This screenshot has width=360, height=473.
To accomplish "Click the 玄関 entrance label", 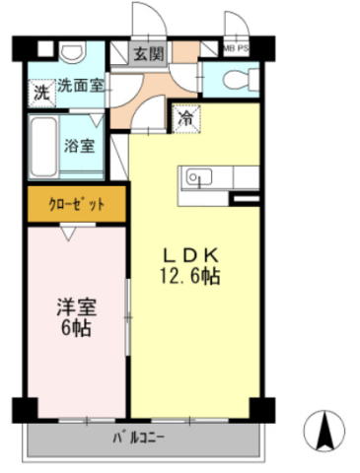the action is (x=149, y=53).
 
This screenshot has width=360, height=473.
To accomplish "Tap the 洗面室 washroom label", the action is (x=81, y=86).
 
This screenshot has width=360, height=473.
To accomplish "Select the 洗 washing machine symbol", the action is (x=42, y=93).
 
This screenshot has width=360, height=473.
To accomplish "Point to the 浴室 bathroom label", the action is (x=79, y=146).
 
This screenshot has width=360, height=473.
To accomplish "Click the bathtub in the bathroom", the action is (x=43, y=147).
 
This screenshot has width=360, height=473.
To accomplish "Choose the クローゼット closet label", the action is (x=77, y=204).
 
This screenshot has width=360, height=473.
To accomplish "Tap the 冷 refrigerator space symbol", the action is (x=186, y=118).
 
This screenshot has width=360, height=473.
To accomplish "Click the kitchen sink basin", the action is (x=199, y=177).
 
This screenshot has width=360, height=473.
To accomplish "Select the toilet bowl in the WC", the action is (x=242, y=79).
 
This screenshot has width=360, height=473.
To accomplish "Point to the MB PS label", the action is (x=236, y=48).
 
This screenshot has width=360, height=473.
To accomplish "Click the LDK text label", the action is (x=190, y=255).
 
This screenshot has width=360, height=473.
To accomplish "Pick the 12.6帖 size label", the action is (x=190, y=276).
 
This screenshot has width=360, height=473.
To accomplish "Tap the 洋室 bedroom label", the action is (x=77, y=307).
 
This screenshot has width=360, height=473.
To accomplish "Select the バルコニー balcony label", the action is (x=138, y=438).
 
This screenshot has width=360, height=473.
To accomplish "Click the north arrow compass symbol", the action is (x=324, y=431).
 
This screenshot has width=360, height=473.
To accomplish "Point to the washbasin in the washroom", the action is (x=73, y=51).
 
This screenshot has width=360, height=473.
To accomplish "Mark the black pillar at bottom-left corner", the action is (x=25, y=410).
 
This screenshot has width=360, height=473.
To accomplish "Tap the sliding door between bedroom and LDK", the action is (x=128, y=317).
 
